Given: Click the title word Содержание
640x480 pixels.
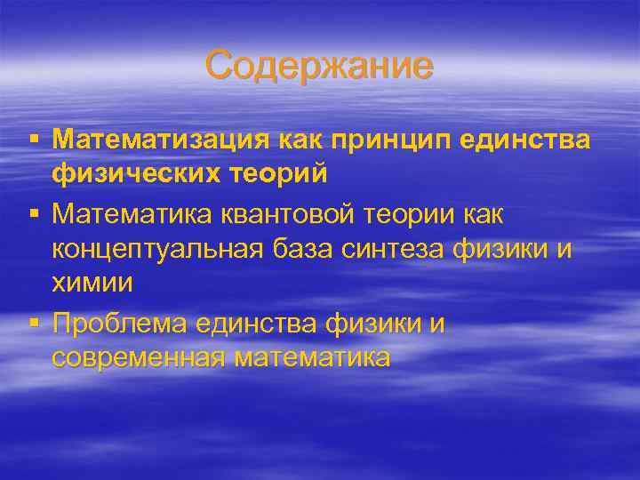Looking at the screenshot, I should [319, 67].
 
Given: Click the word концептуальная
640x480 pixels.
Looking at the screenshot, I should [156, 249].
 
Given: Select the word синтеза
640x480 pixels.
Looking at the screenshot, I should [392, 249].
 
